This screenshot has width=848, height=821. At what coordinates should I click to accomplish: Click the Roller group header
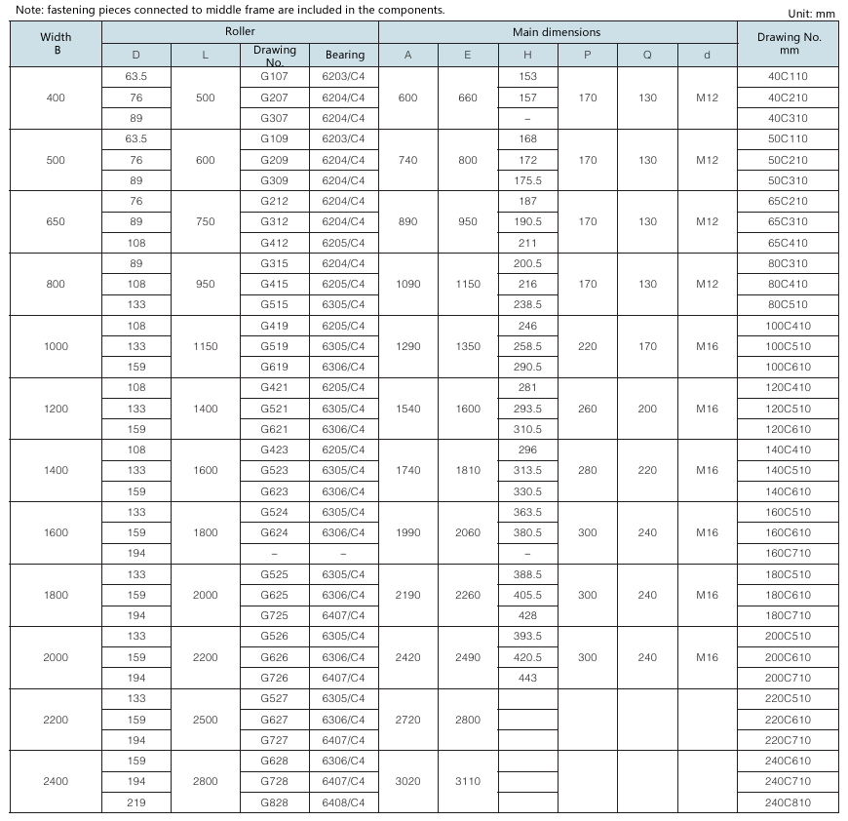tap(240, 32)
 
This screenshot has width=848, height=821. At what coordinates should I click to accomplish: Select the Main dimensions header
tap(557, 32)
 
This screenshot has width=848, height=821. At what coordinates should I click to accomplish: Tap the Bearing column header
tap(344, 56)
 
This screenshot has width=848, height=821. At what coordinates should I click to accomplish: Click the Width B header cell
tap(56, 44)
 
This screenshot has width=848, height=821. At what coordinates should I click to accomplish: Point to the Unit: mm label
tap(811, 14)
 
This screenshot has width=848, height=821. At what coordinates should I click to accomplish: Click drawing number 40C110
tap(788, 76)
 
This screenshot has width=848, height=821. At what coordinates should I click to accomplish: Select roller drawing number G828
tap(274, 801)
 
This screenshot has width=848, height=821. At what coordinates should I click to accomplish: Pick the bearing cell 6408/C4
tap(344, 801)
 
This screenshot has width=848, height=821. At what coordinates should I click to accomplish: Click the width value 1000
tap(56, 346)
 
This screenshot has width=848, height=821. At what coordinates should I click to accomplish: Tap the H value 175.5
tap(528, 180)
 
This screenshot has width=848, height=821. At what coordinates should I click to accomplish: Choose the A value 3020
tap(407, 781)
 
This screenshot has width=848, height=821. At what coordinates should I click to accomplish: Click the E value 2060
tap(468, 532)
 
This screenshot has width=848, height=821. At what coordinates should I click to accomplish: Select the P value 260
tap(588, 409)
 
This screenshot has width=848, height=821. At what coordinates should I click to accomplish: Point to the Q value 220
tap(647, 470)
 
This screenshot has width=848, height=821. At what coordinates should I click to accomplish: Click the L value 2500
tap(206, 720)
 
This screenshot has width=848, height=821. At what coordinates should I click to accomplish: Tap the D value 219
tap(136, 801)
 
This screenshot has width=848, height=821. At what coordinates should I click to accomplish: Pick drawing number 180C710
tap(788, 615)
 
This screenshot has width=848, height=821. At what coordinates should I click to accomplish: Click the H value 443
tap(528, 678)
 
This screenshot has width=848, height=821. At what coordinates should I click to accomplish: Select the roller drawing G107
tap(274, 76)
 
